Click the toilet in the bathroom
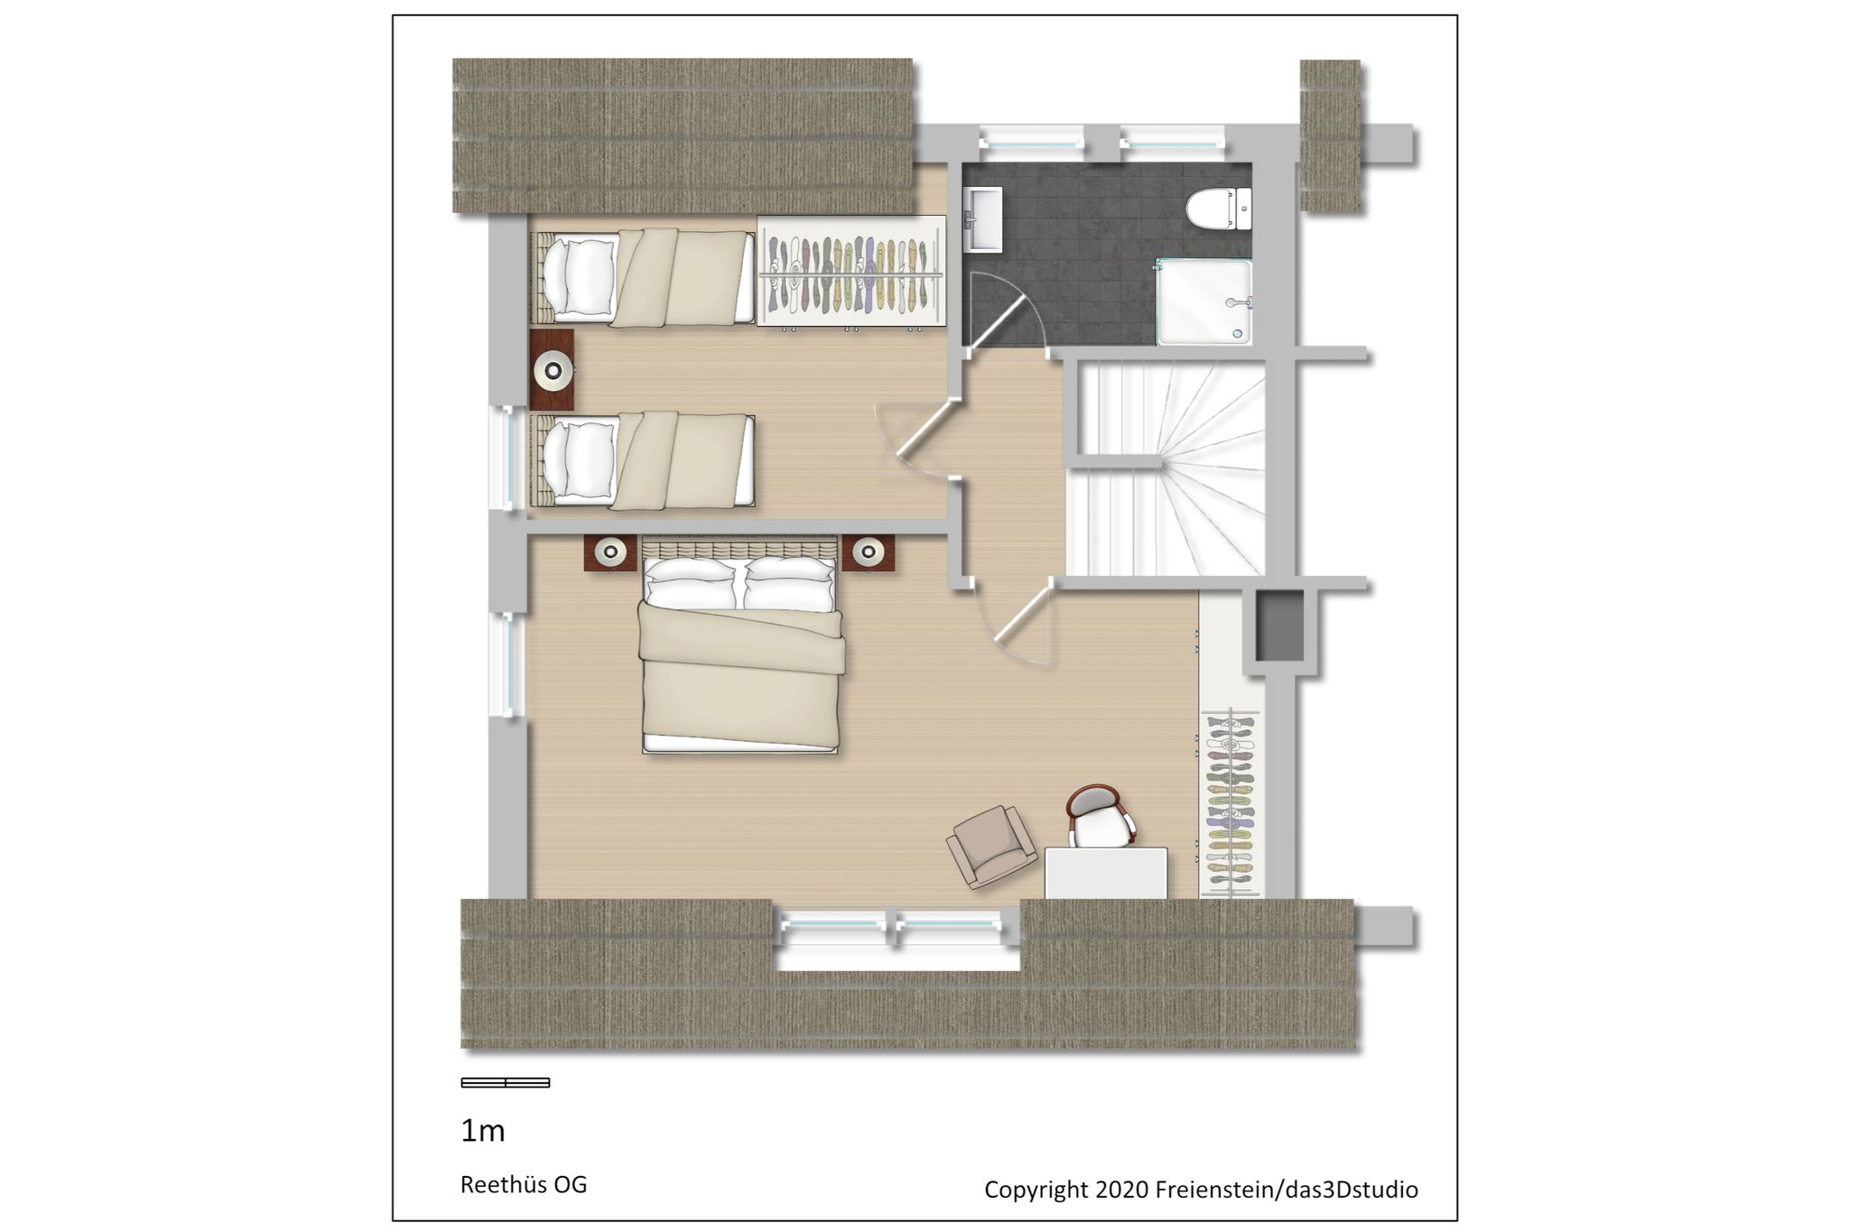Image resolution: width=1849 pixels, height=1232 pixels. (x=1219, y=208)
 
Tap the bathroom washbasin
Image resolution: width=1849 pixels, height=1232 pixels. (x=982, y=219)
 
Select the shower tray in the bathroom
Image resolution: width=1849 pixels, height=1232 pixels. (x=1203, y=302)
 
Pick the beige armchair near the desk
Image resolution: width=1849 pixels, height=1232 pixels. (x=991, y=847)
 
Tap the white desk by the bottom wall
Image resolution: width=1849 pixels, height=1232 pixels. (x=1106, y=873)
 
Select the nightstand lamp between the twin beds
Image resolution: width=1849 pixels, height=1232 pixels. (x=553, y=370)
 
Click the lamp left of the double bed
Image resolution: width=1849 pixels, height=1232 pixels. (x=610, y=551)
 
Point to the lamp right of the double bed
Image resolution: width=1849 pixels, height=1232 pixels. (x=869, y=551)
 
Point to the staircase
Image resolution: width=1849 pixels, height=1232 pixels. (x=1166, y=466)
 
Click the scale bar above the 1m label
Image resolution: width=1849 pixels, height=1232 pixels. (x=506, y=1082)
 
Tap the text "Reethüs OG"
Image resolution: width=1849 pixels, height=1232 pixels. (x=524, y=1184)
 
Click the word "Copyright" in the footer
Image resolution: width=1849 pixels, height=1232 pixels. (x=1036, y=1190)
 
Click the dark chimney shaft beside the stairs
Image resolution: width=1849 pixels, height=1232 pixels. (x=1280, y=625)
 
